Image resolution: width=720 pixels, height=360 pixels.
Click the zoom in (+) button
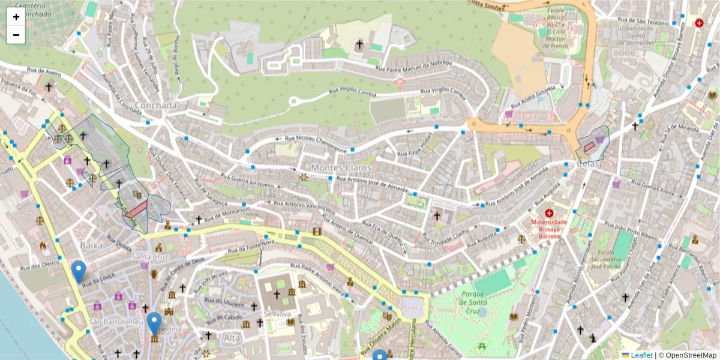coord(16,17)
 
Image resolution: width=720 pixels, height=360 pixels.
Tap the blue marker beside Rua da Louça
coord(78,271)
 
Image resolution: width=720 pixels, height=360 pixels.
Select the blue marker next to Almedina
coord(154,323)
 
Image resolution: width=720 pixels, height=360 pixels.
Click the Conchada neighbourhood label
coord(156,106)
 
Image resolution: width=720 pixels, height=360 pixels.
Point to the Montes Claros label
coord(334,168)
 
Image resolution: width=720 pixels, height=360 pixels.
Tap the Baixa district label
coord(91,245)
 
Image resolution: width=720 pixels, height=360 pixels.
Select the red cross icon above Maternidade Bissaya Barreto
coord(549,213)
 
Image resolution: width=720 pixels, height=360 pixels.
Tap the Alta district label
coord(232,338)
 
